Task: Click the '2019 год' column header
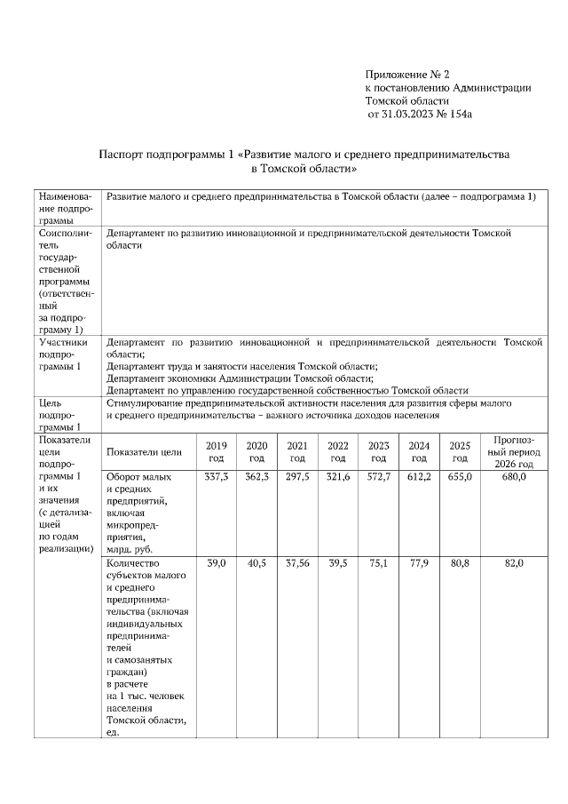[216, 451]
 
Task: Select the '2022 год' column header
[337, 451]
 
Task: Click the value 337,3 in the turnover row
[216, 477]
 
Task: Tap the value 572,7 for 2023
[378, 477]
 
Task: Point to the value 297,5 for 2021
[297, 477]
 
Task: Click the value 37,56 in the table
[297, 564]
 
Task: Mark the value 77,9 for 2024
[418, 564]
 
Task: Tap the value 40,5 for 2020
[256, 564]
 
